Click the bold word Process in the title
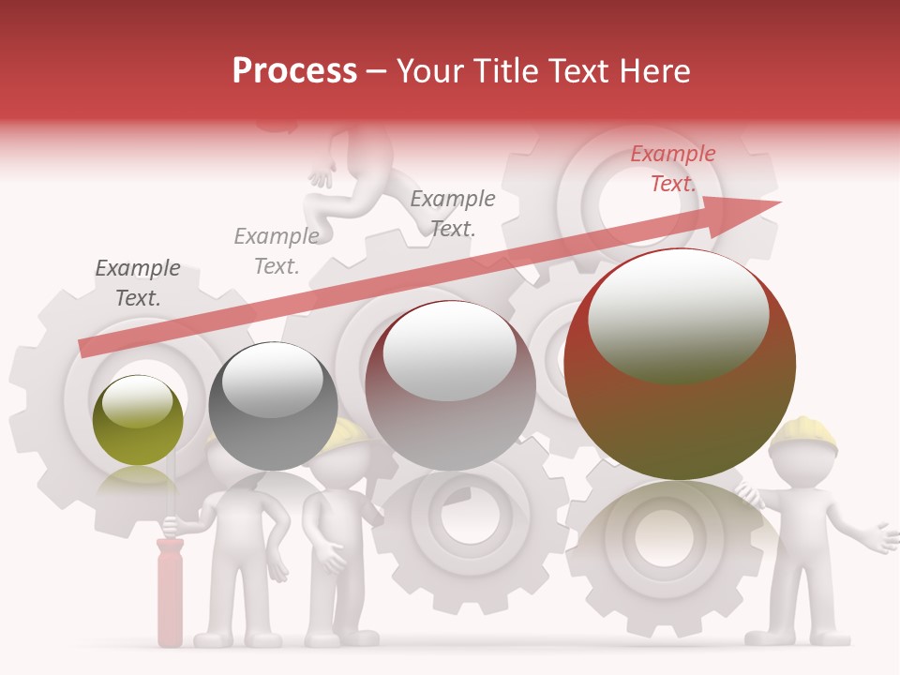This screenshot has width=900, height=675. pos(294,70)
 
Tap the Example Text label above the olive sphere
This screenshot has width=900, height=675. pos(138,283)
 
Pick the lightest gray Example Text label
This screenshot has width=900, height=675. pos(277,251)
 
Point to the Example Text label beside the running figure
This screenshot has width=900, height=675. pos(453,213)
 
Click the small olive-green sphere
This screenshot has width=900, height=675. pos(139,421)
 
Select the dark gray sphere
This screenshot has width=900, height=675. pos(273,406)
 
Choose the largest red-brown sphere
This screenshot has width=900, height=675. pos(680,365)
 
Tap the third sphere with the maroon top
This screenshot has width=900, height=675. pos(451,385)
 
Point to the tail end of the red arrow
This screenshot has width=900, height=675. pos(84,348)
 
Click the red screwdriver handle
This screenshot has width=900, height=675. pos(170,592)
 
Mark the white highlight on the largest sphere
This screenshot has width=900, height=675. pos(678,314)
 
